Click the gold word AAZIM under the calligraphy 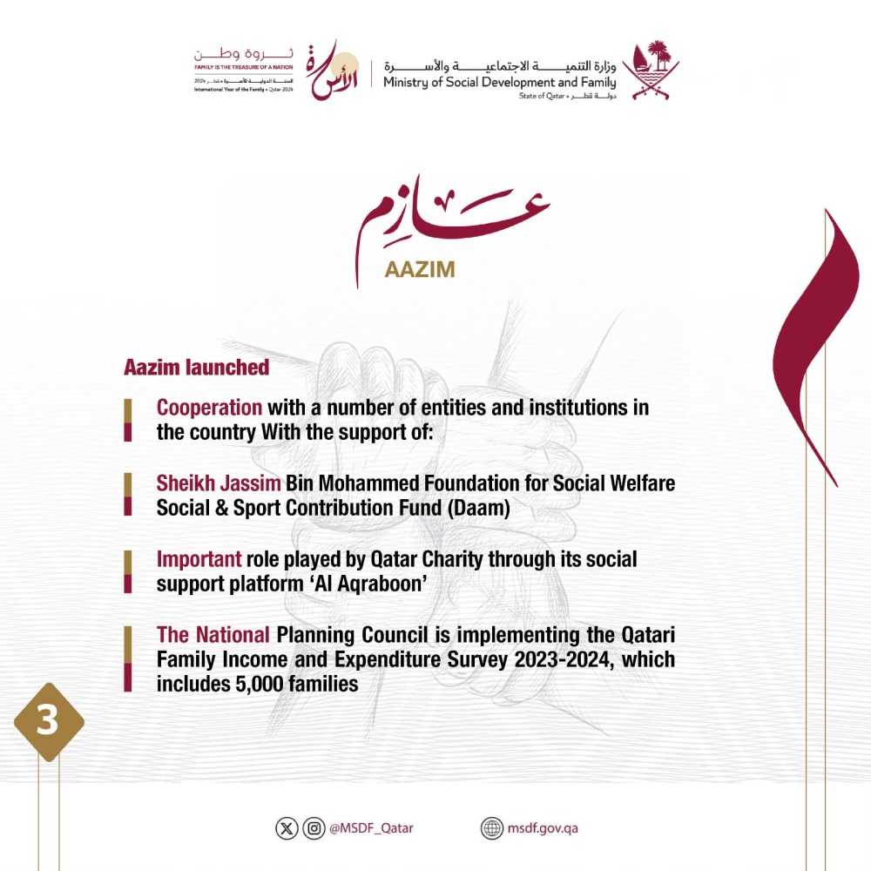point(420,269)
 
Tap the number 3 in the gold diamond point(47,723)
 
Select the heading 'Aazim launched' point(196,368)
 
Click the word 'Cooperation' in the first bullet point(209,407)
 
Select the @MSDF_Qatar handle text point(371,828)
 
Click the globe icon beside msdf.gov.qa point(492,828)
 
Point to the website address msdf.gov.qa point(543,828)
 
